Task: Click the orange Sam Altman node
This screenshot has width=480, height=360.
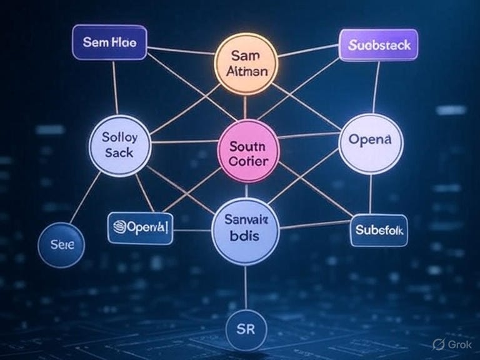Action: click(244, 63)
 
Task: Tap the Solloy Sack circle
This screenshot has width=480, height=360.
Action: click(120, 144)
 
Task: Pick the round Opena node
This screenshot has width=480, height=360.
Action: click(371, 143)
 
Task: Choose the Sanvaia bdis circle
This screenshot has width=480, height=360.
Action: click(244, 229)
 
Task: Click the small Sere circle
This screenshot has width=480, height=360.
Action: click(61, 245)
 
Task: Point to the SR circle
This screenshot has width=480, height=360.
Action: click(246, 327)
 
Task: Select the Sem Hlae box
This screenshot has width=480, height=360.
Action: click(109, 43)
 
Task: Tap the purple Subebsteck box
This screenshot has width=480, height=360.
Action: click(378, 46)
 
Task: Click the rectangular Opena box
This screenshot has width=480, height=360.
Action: click(141, 228)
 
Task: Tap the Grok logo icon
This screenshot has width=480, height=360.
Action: click(438, 344)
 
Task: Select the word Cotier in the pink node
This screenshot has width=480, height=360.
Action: click(248, 162)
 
